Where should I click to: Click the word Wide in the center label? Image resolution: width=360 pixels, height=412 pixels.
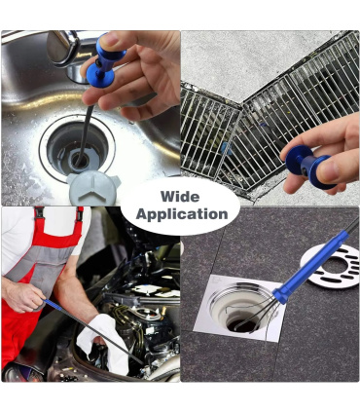pos(180,197)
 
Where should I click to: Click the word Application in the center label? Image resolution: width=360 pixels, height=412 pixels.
pos(182,214)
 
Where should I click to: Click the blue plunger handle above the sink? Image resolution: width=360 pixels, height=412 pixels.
pos(105,62)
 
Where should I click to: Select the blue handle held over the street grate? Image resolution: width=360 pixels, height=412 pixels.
pos(309,167)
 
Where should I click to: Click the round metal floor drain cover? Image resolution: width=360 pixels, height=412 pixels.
pos(331,267)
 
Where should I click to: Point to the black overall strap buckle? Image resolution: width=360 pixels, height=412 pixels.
pos(39,211)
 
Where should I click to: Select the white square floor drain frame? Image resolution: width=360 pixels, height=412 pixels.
pos(239,308)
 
